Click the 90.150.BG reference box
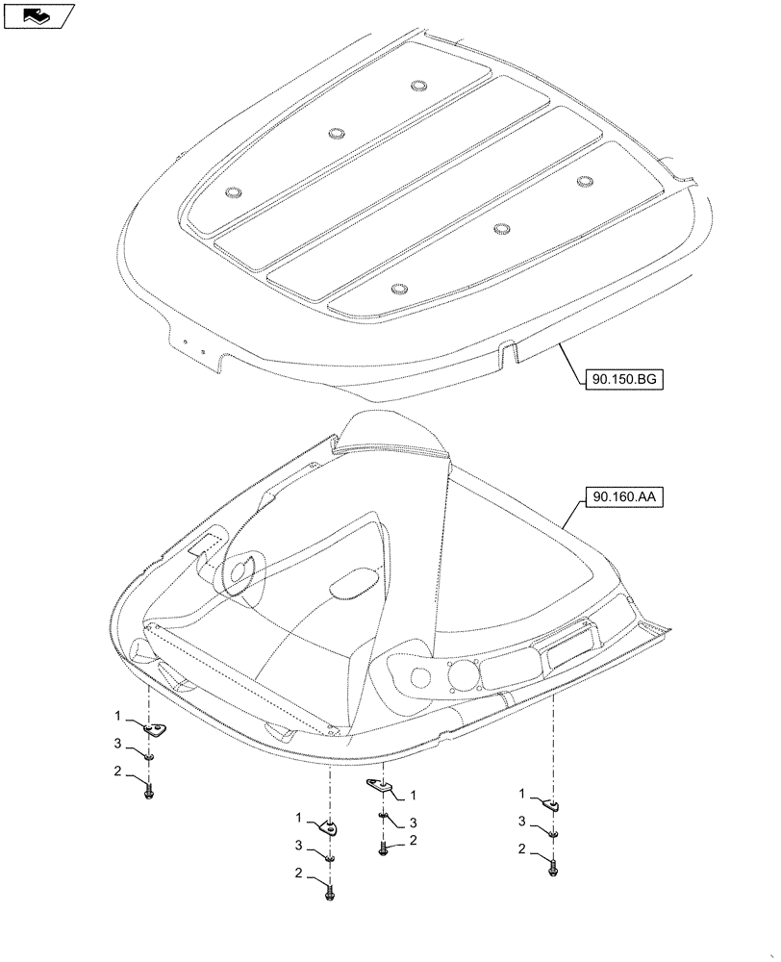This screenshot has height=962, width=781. [x=625, y=381]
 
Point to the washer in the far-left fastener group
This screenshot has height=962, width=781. [x=149, y=756]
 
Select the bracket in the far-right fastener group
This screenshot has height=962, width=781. [x=553, y=804]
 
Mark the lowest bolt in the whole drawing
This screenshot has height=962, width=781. [x=330, y=893]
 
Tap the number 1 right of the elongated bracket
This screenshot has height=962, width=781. [x=413, y=795]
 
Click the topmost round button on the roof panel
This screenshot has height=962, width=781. [x=418, y=87]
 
